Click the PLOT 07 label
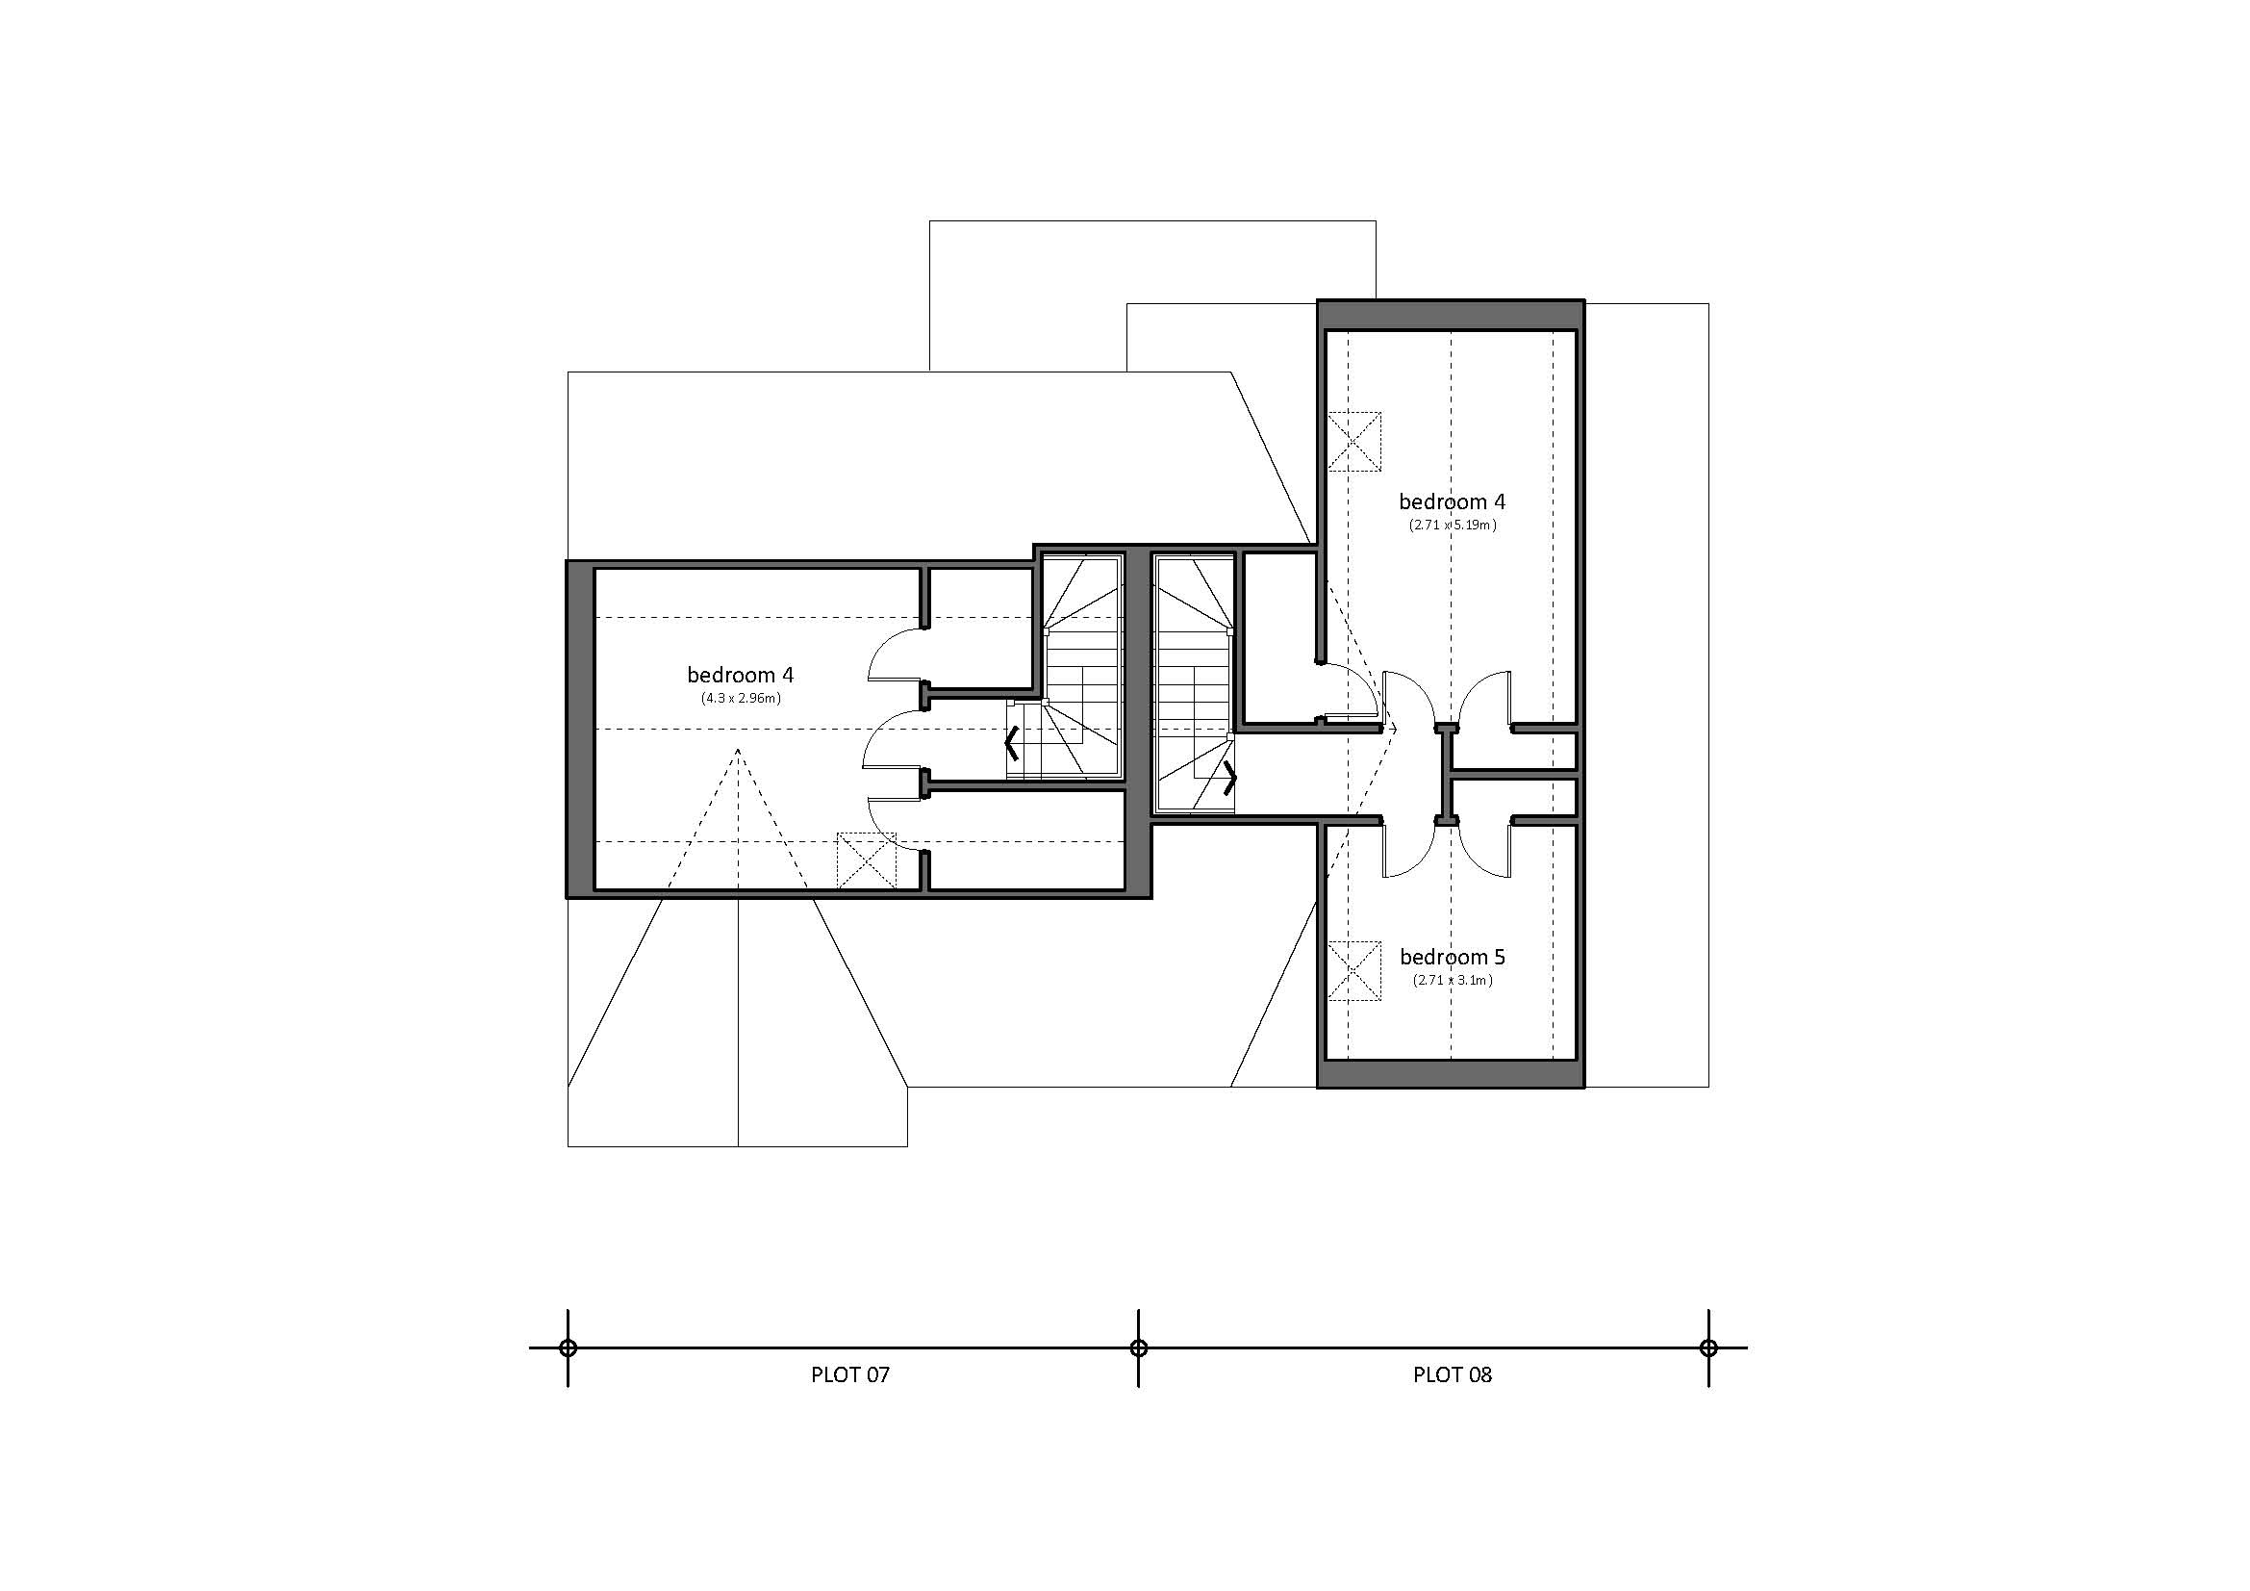click(849, 1374)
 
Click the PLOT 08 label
click(1452, 1374)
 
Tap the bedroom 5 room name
click(1452, 956)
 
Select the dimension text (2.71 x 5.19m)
click(1453, 525)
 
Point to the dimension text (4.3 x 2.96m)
click(740, 698)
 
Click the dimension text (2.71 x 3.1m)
click(1452, 979)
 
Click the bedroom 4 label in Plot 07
click(740, 675)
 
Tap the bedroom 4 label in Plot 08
click(1452, 500)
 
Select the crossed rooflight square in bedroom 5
click(1354, 970)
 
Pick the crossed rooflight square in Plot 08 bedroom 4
click(1354, 441)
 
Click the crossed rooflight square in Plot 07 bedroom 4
click(867, 860)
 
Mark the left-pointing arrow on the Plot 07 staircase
click(1012, 744)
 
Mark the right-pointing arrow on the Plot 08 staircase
click(1228, 778)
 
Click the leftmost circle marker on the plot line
click(568, 1347)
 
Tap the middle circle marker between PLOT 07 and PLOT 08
click(1138, 1347)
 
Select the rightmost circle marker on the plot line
click(1708, 1347)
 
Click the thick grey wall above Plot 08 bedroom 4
click(1451, 316)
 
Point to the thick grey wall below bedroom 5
click(1451, 1073)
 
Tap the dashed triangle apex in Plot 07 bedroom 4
click(738, 750)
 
